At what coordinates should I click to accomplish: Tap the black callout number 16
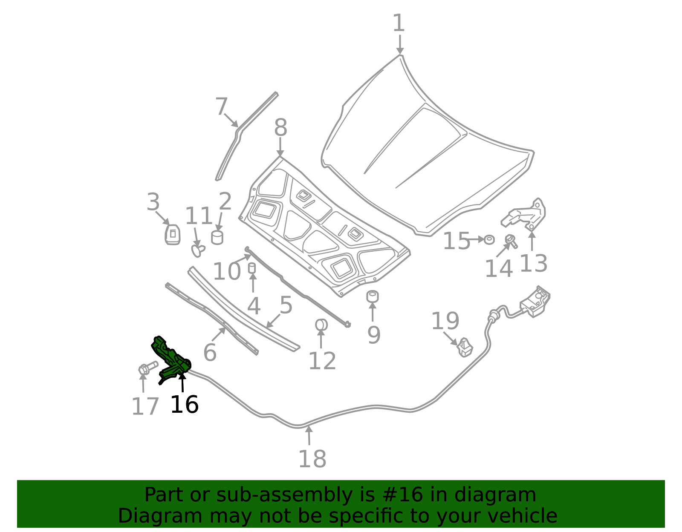184,405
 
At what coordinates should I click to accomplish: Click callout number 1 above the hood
399,23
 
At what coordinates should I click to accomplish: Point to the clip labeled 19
465,348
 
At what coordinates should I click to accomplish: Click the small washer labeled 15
489,239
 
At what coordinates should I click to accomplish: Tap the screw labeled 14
511,241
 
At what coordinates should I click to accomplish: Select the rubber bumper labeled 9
373,296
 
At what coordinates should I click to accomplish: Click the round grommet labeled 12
321,325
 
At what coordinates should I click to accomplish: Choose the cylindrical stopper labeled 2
217,237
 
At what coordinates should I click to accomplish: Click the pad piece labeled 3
173,235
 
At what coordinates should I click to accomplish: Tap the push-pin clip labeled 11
198,250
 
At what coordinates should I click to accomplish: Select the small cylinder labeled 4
252,268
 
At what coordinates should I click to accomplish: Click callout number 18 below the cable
312,459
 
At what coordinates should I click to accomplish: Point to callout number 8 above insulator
280,127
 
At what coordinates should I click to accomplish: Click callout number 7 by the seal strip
222,107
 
